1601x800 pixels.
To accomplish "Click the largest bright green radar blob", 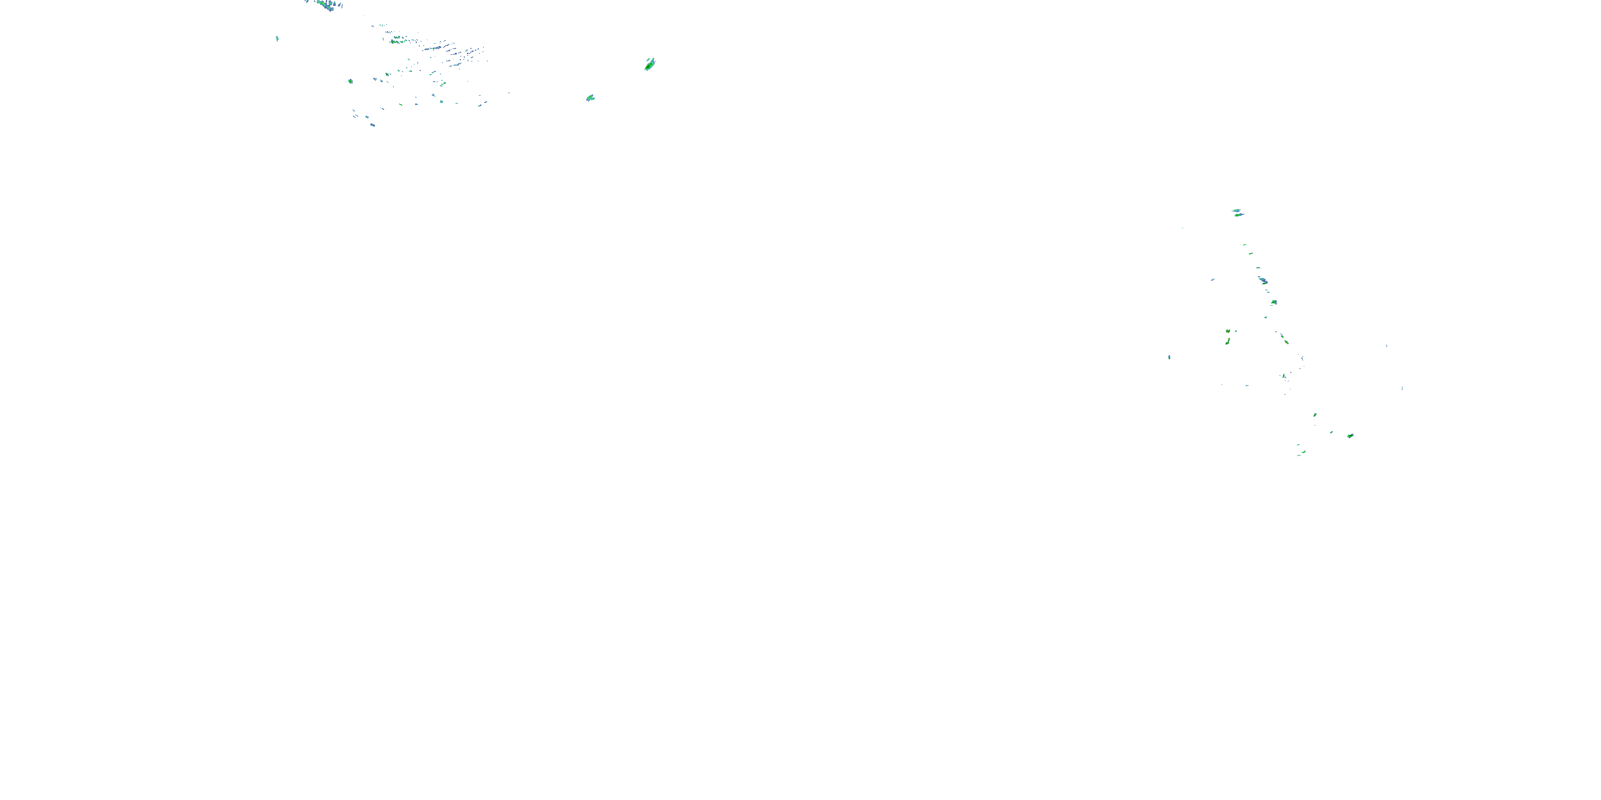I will point(649,64).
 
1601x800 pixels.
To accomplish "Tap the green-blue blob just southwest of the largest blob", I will point(590,98).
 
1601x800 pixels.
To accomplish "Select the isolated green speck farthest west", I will point(277,38).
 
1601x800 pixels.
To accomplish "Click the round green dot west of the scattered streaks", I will point(351,82).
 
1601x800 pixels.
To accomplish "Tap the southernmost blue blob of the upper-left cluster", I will point(372,125).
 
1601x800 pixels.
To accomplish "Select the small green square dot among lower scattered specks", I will point(441,101).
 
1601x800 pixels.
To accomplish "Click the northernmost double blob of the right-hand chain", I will point(1238,213).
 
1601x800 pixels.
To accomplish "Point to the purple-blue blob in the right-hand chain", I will point(1262,281).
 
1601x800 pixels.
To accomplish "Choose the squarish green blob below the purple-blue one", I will point(1273,302).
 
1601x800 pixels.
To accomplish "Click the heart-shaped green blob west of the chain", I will point(1229,331).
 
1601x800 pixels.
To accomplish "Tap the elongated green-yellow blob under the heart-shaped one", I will point(1227,341).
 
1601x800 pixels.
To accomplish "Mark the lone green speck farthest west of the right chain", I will point(1169,357).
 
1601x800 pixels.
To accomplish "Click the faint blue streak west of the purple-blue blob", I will point(1212,279).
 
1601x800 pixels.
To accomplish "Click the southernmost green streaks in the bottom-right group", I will point(1302,453).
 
